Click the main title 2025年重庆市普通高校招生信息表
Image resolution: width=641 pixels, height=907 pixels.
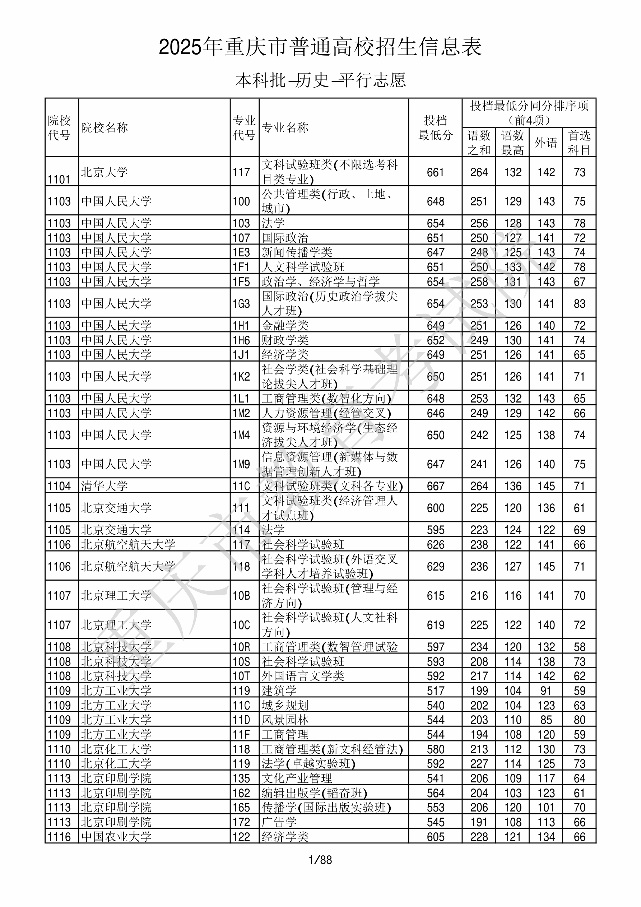320,47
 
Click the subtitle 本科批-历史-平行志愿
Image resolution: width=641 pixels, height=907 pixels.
320,80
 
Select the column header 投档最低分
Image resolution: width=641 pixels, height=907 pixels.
435,127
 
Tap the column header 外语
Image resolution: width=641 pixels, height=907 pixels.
546,142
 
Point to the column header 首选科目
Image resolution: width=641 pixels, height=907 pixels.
579,142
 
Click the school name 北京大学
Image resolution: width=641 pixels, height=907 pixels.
105,172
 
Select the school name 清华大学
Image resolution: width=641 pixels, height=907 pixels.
105,485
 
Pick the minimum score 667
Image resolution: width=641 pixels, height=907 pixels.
436,486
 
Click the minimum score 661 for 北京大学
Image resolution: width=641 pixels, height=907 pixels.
436,172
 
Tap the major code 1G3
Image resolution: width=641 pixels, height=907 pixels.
241,303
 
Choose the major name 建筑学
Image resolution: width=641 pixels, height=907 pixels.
279,690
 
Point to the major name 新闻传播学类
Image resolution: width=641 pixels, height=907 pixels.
297,252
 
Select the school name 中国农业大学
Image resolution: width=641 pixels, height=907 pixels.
117,837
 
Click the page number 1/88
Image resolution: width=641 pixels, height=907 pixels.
320,860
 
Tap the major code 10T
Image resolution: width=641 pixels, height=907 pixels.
241,676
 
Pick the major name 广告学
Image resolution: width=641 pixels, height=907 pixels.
279,822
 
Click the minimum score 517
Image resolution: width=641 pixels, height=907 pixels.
436,690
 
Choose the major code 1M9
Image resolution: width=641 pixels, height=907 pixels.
241,464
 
